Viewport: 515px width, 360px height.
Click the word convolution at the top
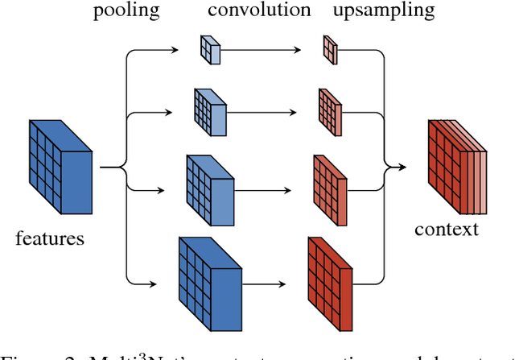click(x=258, y=11)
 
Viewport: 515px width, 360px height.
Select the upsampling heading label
click(x=383, y=11)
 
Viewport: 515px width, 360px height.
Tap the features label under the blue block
click(x=50, y=238)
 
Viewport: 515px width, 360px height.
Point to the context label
click(x=447, y=229)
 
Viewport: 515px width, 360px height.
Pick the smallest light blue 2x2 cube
click(x=212, y=49)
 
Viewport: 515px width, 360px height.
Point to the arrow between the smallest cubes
click(x=270, y=50)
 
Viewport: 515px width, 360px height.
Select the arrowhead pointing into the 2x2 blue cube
click(x=178, y=50)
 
